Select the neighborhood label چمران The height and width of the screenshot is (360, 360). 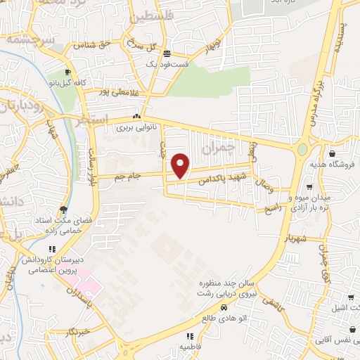pos(216,148)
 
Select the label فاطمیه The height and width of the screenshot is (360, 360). pos(191,347)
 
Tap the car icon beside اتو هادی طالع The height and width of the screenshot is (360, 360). pos(224,307)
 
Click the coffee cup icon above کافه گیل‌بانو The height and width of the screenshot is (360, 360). pos(67,72)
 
